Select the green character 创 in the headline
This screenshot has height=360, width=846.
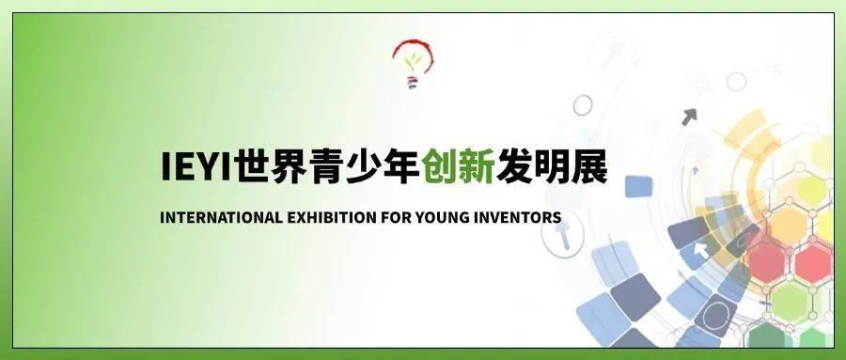440,167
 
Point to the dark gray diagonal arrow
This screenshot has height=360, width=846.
689,117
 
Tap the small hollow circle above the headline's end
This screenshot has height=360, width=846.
583,104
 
